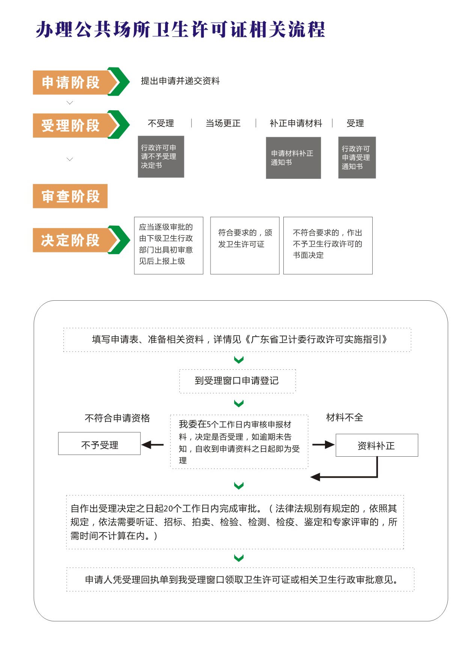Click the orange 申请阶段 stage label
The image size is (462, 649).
coord(70,82)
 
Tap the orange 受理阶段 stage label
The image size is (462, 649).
coord(70,125)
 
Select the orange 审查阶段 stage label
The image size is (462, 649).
coord(70,196)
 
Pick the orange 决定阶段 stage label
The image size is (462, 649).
coord(70,240)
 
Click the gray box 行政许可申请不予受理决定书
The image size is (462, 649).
coord(161,157)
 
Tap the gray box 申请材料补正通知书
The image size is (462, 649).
coord(293,158)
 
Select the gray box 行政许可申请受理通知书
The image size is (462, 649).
coord(357,157)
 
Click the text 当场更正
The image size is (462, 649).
coord(223,123)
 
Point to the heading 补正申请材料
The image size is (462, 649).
coord(296,123)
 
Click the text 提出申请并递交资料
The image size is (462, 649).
coord(180,81)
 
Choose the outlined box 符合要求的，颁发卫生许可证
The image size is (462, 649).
coord(245,246)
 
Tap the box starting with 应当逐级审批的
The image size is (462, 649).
coord(169,246)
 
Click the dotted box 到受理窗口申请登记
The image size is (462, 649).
coord(238,381)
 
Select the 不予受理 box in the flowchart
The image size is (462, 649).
coord(99,444)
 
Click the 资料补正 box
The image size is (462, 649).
coord(377,445)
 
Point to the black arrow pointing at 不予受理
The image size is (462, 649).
coord(152,445)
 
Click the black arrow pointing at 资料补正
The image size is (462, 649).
coord(323,445)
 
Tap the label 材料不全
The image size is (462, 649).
coord(345,418)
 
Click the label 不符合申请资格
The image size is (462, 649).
coord(117,418)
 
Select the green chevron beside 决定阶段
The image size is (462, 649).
coord(119,240)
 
